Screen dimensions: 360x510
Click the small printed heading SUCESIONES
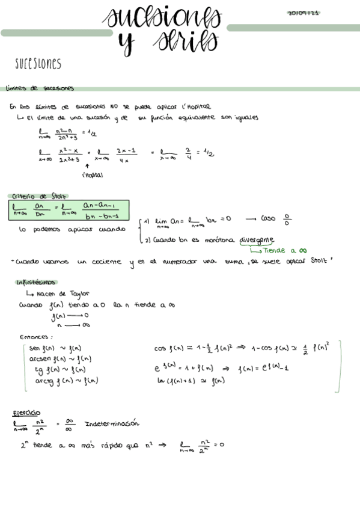(x=38, y=64)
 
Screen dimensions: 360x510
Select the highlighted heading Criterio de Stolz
(x=39, y=196)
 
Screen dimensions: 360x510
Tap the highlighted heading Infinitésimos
(x=36, y=282)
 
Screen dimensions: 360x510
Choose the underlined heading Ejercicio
(x=27, y=413)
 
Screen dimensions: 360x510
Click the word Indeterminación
(x=112, y=423)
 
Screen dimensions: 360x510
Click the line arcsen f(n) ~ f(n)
(x=57, y=359)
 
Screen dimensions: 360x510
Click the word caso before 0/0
(x=268, y=219)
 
